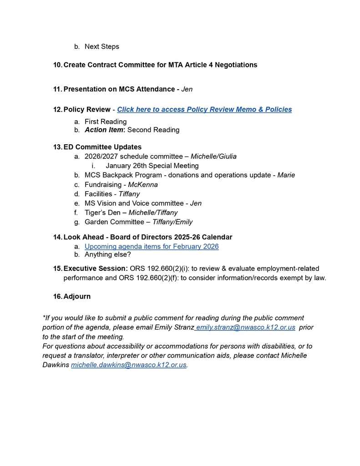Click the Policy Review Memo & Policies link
(204, 109)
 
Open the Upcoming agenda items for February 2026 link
(152, 246)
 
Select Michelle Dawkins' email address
(129, 365)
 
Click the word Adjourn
(77, 296)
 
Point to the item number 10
(57, 65)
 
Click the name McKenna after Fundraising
(143, 185)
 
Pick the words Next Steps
(102, 46)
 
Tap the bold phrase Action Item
(104, 130)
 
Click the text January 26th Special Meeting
(152, 166)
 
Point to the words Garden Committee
(114, 222)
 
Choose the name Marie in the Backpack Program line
(286, 175)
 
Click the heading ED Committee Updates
(102, 147)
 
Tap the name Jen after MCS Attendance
(187, 89)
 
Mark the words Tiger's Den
(102, 213)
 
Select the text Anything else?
(108, 254)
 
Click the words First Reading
(106, 122)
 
